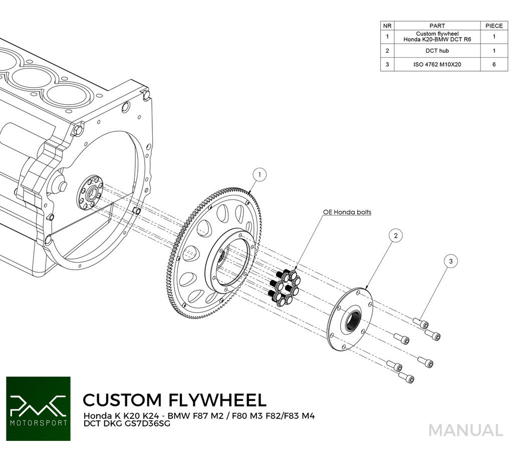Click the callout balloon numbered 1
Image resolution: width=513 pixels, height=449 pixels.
[x=260, y=174]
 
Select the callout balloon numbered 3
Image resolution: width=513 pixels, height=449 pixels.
[x=451, y=261]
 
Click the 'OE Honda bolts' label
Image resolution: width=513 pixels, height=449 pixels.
[x=347, y=212]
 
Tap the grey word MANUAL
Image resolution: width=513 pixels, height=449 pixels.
[x=465, y=430]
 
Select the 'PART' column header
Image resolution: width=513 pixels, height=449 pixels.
[x=437, y=26]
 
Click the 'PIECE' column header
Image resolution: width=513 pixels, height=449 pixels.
[x=493, y=26]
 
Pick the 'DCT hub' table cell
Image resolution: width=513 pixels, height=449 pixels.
[x=437, y=51]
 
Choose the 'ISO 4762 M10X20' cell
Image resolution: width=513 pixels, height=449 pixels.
[x=437, y=65]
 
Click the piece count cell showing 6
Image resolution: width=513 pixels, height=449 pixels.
[x=493, y=65]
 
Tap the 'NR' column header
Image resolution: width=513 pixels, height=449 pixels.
[x=387, y=26]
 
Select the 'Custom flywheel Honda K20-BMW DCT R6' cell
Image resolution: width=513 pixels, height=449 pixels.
[x=437, y=37]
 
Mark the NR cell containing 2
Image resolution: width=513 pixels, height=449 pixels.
[x=387, y=51]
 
